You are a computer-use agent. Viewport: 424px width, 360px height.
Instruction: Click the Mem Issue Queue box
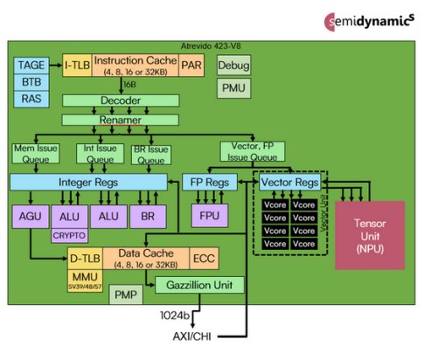[35, 154]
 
